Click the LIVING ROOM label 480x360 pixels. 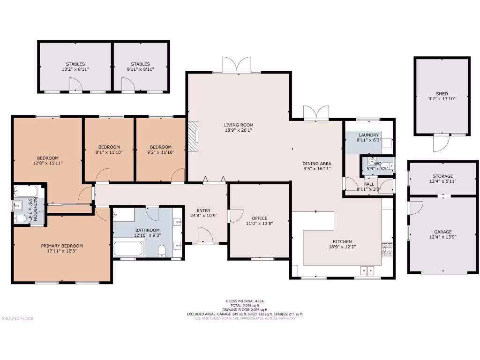[x=239, y=125]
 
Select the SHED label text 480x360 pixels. [x=442, y=94]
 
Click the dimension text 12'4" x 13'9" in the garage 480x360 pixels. [x=443, y=238]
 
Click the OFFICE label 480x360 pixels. [x=259, y=218]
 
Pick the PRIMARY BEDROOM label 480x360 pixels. [x=62, y=246]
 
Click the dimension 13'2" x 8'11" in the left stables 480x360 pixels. [x=75, y=69]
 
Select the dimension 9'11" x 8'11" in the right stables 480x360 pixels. [x=140, y=69]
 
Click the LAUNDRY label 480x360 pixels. [x=368, y=135]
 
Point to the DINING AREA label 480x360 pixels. [x=316, y=163]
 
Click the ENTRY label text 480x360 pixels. [x=203, y=210]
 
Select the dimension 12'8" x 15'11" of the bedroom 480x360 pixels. [x=48, y=164]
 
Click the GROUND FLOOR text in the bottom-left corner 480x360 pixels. [x=17, y=318]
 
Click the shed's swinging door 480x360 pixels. [x=437, y=144]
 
